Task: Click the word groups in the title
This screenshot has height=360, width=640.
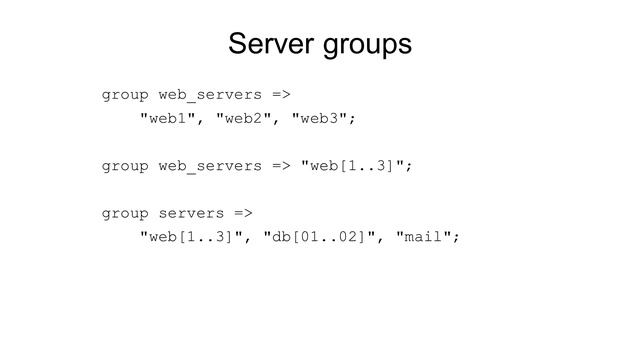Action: coord(365,47)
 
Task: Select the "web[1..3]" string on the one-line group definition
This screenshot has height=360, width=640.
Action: coord(353,166)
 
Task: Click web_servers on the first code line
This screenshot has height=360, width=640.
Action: coord(210,96)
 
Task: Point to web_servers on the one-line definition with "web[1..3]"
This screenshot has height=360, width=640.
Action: coord(210,166)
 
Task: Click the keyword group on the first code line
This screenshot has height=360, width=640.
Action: coord(125,96)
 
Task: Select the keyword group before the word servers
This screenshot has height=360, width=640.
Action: coord(125,213)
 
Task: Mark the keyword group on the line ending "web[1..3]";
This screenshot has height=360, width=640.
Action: coord(125,166)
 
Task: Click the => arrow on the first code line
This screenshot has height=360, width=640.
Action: coord(282,96)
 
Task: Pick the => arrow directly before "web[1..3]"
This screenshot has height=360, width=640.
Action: coord(282,166)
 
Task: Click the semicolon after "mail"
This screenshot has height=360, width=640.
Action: coord(458,238)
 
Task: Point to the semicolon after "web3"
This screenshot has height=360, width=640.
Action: coord(353,120)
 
